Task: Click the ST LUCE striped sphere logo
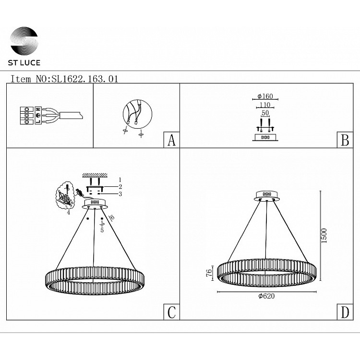coord(24,41)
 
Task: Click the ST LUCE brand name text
coord(24,63)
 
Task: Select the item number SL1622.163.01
coord(84,79)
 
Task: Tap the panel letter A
coord(171,140)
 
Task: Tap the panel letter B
coord(345,140)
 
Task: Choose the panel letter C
coord(171,312)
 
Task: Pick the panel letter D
coord(345,312)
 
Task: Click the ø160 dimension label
coord(265,96)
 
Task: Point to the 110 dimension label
coord(265,105)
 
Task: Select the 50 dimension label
coord(265,113)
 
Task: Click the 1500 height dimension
coord(324,236)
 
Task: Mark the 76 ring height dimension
coord(209,273)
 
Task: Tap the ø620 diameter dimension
coord(266,296)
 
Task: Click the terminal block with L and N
coord(31,116)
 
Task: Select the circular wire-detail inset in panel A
coord(137,114)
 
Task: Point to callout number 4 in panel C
coord(69,213)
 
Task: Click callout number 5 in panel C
coord(102,230)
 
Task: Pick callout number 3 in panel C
coord(120,194)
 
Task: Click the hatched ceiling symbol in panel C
coord(95,175)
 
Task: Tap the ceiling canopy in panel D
coord(267,196)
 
